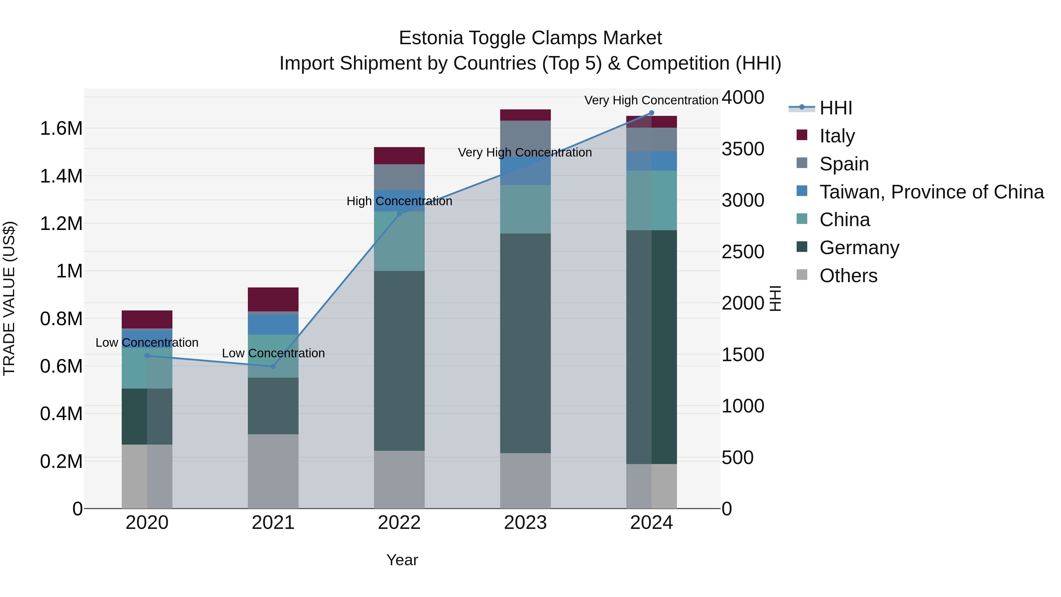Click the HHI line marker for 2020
coord(147,356)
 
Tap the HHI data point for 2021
coord(273,366)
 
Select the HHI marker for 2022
coord(399,214)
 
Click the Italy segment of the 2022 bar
coord(399,156)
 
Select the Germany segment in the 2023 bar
coord(525,343)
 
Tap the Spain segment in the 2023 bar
coord(525,138)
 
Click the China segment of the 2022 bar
coord(399,241)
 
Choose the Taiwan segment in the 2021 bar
coord(273,325)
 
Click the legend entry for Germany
coord(859,248)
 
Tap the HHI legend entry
coord(835,108)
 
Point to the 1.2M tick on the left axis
coord(61,224)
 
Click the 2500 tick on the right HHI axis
coord(743,252)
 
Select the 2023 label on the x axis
coord(525,523)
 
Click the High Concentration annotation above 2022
coord(399,201)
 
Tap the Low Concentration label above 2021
coord(273,353)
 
